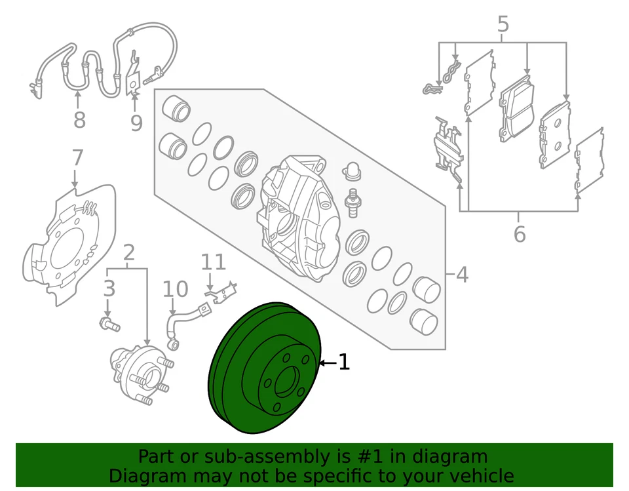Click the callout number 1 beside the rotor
pos(343,362)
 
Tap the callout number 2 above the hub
pos(129,252)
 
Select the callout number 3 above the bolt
pos(109,288)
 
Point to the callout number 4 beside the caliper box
pos(462,274)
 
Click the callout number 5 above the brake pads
pos(503,25)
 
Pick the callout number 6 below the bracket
pos(519,234)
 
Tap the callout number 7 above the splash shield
pos(77,158)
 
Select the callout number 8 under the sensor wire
pos(79,120)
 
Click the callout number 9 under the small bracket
pos(136,123)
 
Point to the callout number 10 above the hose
pos(174,289)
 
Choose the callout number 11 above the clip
pos(213,262)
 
